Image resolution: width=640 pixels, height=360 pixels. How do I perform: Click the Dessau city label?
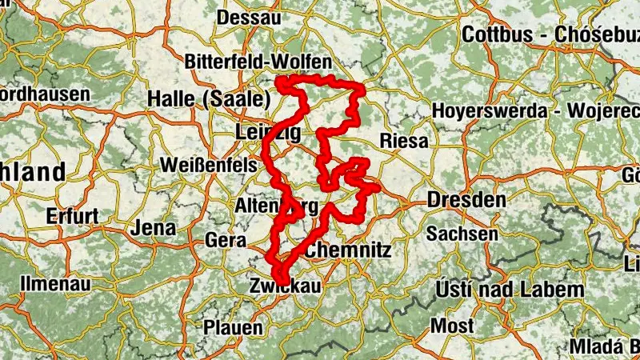(249, 18)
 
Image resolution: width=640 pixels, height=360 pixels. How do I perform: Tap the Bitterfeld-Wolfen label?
(258, 62)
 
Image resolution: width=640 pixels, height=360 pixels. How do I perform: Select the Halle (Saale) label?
(206, 100)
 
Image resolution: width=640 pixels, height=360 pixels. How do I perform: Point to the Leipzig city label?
(269, 132)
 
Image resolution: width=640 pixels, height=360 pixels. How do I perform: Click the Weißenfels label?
(209, 165)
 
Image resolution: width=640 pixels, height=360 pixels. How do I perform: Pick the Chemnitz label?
(349, 250)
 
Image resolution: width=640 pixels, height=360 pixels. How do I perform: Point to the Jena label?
(152, 227)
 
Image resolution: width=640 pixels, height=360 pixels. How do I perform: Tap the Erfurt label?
(72, 216)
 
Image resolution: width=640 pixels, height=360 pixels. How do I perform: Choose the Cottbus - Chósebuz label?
(550, 35)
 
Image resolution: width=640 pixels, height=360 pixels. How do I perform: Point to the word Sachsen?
(462, 234)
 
